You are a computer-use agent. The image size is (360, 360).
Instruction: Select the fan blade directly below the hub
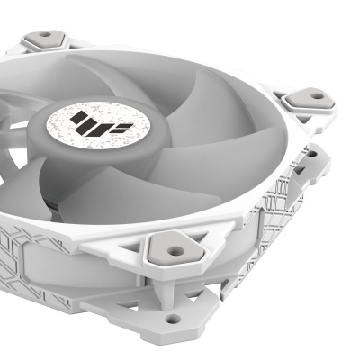[108, 193]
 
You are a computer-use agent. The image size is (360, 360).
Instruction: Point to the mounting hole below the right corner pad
[310, 154]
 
